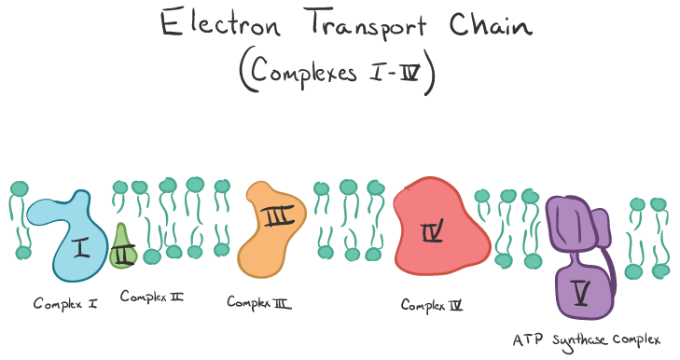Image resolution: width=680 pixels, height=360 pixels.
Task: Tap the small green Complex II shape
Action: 123,249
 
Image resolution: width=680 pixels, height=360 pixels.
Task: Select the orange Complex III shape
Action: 271,229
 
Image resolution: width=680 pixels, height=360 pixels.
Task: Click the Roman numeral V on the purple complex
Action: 581,293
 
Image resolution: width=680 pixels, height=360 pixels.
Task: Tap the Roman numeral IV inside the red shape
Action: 433,230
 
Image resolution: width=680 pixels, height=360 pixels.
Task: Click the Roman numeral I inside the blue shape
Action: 81,248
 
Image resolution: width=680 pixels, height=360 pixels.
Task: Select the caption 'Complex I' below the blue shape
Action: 65,304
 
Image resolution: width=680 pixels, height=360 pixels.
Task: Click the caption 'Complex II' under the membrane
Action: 152,297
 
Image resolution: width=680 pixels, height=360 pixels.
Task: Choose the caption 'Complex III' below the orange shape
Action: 259,302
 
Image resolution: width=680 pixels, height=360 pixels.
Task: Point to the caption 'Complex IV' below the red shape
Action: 432,305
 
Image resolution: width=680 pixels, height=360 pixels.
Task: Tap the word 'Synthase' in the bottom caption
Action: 580,340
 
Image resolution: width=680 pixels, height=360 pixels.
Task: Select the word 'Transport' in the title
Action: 368,25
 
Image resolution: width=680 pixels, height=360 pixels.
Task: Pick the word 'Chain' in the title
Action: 491,25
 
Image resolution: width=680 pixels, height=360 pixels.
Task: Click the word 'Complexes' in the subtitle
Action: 303,71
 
